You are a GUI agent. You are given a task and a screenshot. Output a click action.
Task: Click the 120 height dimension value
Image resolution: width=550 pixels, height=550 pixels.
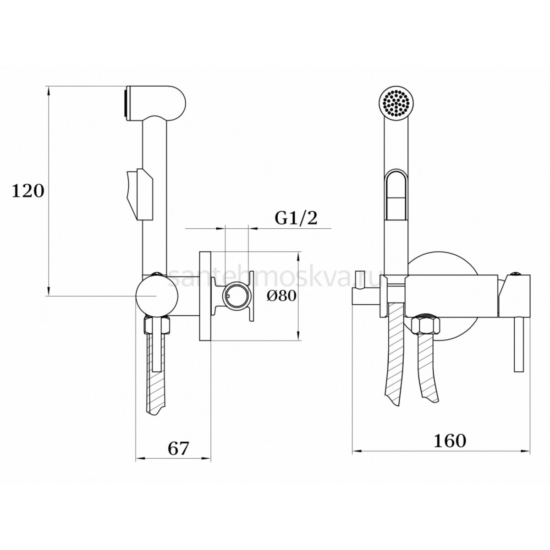click(x=28, y=191)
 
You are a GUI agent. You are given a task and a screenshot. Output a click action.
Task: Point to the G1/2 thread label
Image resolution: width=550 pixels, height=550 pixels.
click(x=296, y=218)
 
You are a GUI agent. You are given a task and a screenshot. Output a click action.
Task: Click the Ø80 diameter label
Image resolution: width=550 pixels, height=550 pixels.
click(x=281, y=296)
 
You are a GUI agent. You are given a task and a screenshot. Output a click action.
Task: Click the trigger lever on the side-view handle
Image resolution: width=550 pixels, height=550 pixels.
click(x=140, y=195)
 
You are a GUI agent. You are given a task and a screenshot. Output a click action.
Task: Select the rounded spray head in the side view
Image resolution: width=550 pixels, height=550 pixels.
click(x=155, y=104)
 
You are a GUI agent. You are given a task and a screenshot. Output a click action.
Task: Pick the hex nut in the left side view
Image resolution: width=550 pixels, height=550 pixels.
click(x=157, y=324)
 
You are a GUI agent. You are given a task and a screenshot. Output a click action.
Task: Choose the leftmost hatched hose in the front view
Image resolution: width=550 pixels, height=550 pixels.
click(x=395, y=358)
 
